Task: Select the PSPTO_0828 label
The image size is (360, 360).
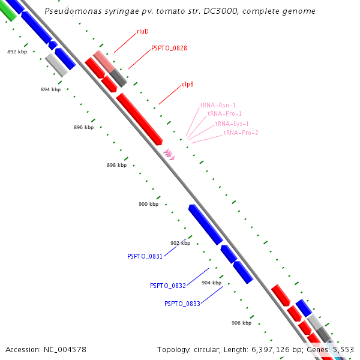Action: (169, 47)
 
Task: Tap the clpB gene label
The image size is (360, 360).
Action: (188, 85)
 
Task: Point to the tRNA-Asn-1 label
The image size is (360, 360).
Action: (218, 105)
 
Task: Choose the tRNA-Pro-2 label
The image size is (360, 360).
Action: (241, 133)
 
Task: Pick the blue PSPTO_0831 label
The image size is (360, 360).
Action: (145, 256)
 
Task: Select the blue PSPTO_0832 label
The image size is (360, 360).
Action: (167, 286)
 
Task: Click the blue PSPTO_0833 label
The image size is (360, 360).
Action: (182, 304)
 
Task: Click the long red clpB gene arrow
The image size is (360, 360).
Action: (139, 119)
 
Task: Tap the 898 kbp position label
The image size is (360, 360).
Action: (116, 165)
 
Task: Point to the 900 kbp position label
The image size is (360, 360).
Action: (148, 204)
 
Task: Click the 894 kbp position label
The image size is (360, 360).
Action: (50, 89)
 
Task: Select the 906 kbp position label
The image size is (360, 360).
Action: (241, 323)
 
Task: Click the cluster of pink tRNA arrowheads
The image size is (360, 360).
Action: (169, 154)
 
